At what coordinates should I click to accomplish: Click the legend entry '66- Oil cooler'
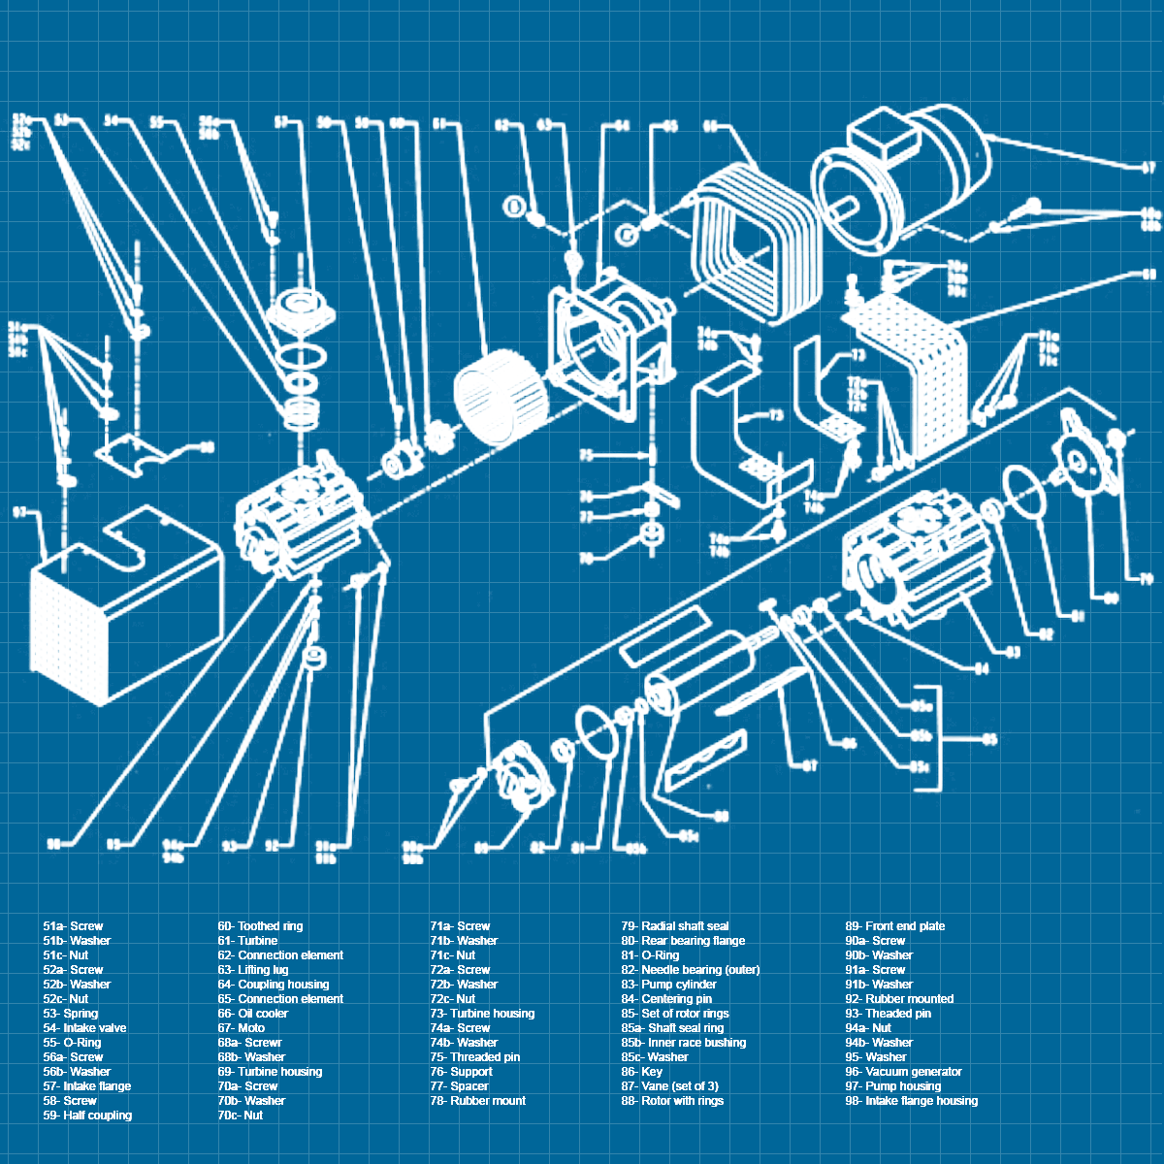click(x=252, y=1014)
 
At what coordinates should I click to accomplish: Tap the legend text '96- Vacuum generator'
click(x=903, y=1072)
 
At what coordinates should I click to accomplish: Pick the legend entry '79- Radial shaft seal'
click(x=675, y=926)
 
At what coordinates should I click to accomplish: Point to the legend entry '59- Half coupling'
click(x=87, y=1115)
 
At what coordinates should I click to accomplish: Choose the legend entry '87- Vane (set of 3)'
click(x=670, y=1086)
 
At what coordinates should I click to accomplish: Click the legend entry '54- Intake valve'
click(x=84, y=1028)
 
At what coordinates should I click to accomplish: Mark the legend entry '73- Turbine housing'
click(x=482, y=1014)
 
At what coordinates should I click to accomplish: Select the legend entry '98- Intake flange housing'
click(x=911, y=1101)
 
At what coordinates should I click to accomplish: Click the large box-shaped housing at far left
click(x=121, y=601)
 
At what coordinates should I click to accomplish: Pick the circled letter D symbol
click(x=515, y=206)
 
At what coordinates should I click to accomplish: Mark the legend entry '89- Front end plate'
click(x=894, y=926)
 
